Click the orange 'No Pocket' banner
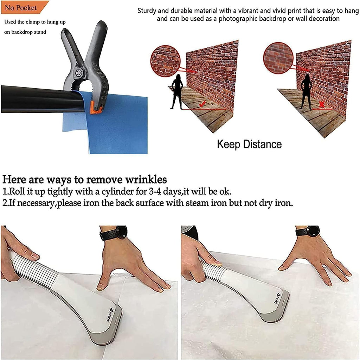pos(24,7)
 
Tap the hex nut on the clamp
pos(79,73)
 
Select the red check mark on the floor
pos(202,104)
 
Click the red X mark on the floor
pos(322,105)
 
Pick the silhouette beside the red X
pos(306,92)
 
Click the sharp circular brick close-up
pos(165,61)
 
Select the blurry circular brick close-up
pos(278,58)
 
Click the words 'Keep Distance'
pos(249,144)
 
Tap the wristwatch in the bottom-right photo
pos(308,231)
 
